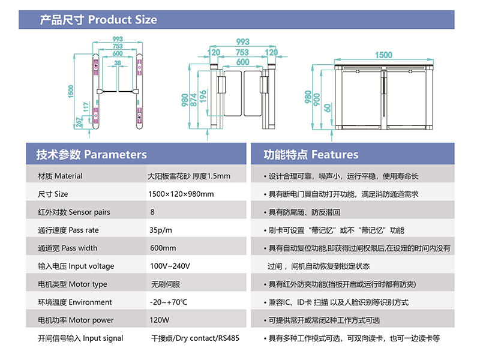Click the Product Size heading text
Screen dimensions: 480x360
point(98,20)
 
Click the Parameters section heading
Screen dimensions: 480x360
point(92,155)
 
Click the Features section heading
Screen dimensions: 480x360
point(311,155)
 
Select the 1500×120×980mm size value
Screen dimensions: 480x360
point(181,194)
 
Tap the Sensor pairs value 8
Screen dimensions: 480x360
point(152,212)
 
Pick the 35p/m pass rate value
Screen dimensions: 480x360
point(160,230)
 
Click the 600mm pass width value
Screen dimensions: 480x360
point(163,248)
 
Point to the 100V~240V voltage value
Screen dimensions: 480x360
point(170,266)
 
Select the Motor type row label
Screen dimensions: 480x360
point(73,284)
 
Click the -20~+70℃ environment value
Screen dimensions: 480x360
point(169,302)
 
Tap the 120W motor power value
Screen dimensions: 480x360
point(159,320)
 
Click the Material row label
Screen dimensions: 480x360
point(60,176)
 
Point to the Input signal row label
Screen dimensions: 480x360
point(80,338)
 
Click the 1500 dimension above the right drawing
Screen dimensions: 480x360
point(383,55)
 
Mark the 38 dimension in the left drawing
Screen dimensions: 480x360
point(118,63)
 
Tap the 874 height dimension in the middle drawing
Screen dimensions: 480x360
point(193,100)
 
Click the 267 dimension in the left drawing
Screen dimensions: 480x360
point(79,122)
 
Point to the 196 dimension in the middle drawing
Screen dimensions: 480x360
point(203,97)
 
